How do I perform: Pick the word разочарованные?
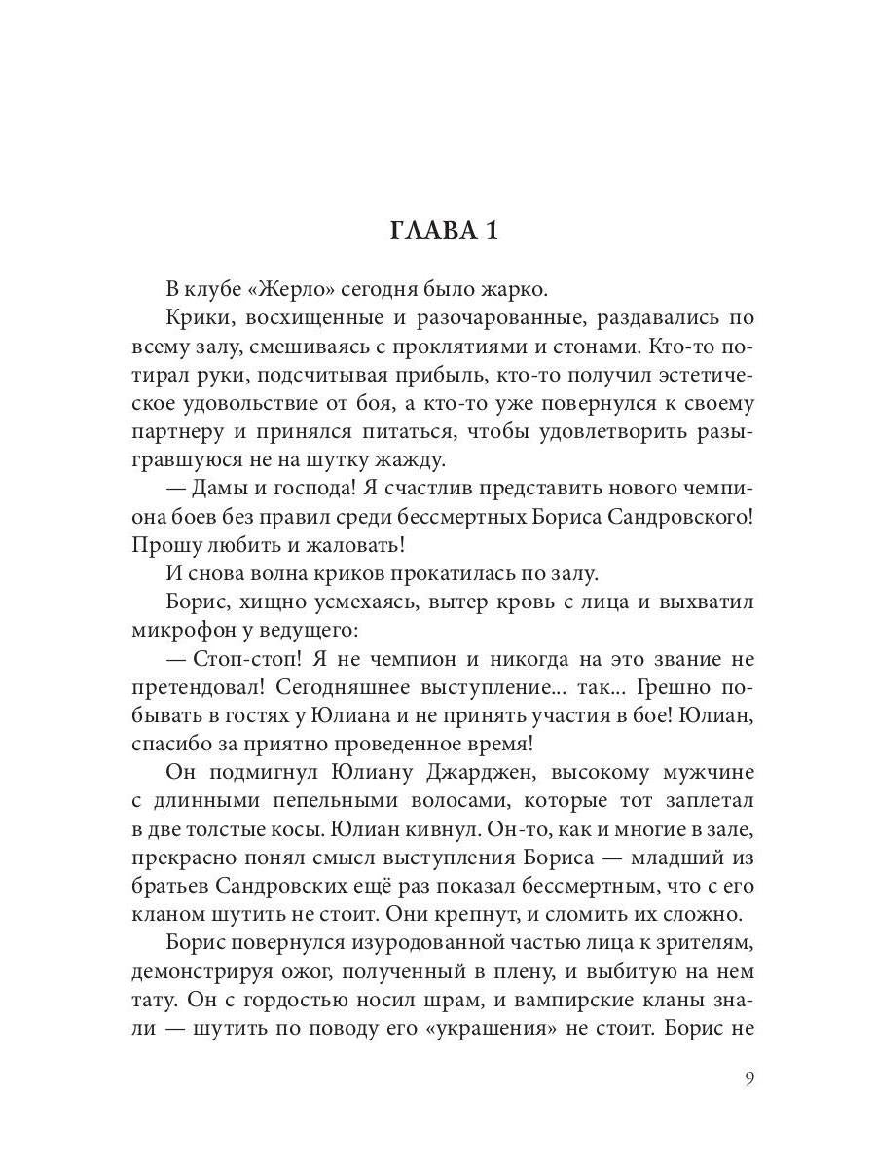click(x=487, y=318)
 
